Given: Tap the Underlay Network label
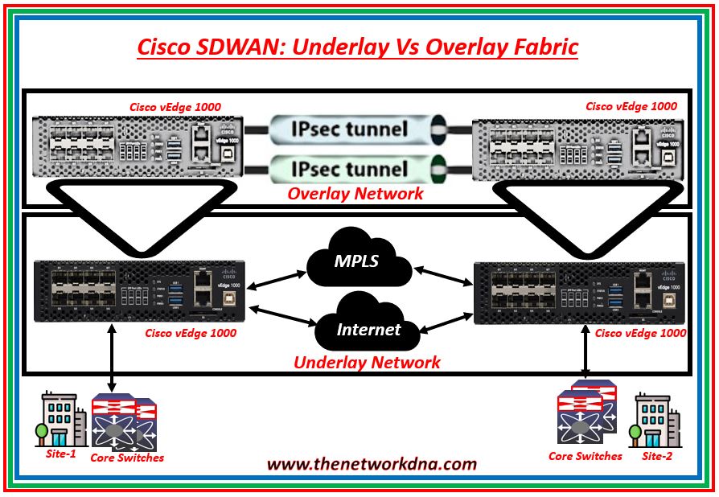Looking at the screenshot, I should pyautogui.click(x=367, y=362).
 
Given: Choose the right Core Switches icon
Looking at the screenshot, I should pyautogui.click(x=586, y=414).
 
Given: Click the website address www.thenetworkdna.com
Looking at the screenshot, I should pyautogui.click(x=371, y=464).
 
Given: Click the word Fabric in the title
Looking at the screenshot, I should pyautogui.click(x=536, y=47).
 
